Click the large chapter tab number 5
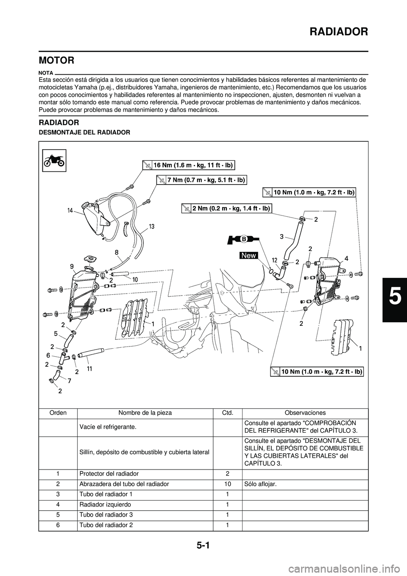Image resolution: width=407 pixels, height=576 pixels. coord(394,297)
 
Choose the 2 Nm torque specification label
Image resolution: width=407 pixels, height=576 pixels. coord(226,208)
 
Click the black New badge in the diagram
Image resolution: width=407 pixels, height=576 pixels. coord(249,255)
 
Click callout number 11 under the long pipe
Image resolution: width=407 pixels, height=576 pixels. coord(90,369)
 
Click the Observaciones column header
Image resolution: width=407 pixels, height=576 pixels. coord(305,412)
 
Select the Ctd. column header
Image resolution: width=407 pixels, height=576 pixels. coord(228,412)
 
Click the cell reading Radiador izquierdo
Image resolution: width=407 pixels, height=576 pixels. coord(105,505)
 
